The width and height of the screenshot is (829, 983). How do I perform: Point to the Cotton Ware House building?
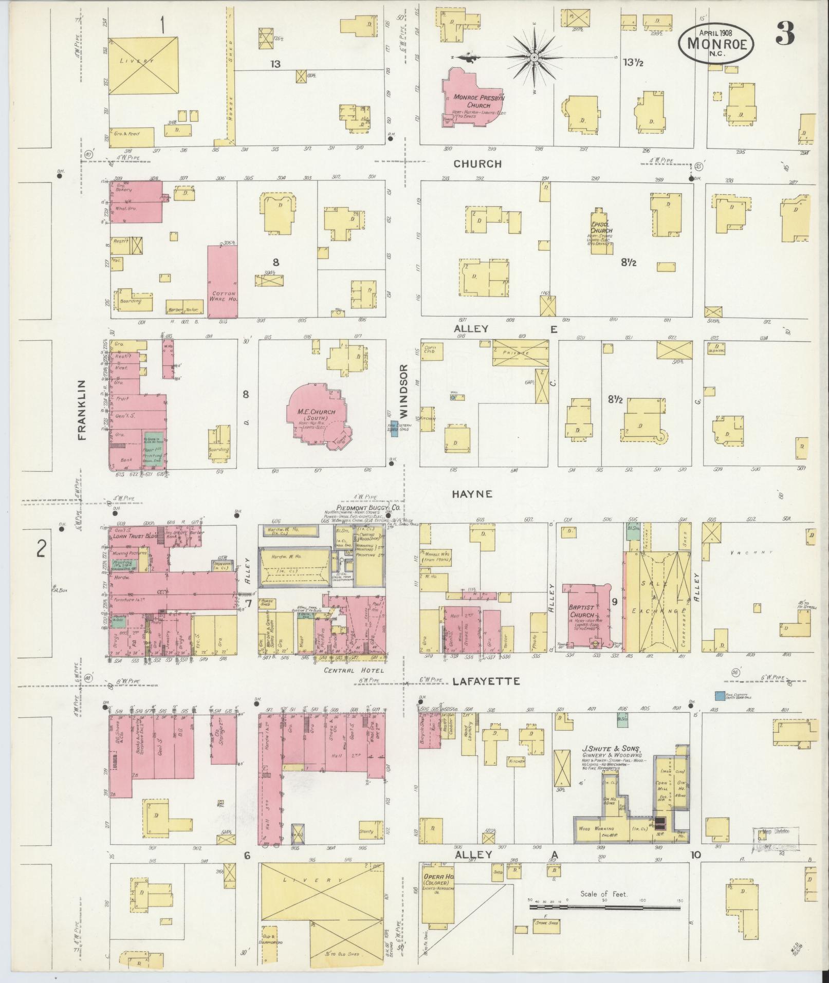click(223, 282)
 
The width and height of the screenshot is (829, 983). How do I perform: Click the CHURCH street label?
click(477, 164)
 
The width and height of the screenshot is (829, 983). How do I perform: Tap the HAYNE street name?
click(472, 494)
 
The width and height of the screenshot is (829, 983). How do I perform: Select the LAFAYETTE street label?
click(486, 681)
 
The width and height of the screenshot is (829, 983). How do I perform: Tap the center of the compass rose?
click(535, 56)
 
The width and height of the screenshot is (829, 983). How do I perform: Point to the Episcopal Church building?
click(601, 233)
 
